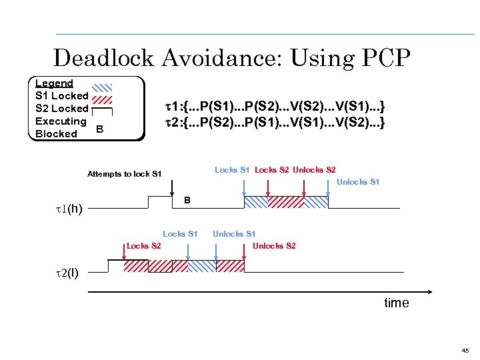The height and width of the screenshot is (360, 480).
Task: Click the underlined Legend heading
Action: pos(53,83)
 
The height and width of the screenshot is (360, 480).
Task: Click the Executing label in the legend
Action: pos(61,121)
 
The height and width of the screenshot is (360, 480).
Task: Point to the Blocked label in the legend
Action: pos(56,133)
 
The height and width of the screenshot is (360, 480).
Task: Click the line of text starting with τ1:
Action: pos(275,106)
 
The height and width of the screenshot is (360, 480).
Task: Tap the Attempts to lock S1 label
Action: pos(124,174)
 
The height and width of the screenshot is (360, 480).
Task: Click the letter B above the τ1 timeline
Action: pos(188,200)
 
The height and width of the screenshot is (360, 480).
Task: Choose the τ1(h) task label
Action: pos(69,209)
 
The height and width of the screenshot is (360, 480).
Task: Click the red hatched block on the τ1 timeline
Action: pos(285,202)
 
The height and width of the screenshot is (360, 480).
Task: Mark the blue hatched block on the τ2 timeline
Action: pos(201,266)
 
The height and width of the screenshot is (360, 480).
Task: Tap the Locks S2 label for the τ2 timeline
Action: pos(143,246)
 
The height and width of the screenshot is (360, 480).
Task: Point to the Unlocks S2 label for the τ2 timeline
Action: pos(274,246)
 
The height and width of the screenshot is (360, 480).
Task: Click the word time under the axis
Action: pos(397,303)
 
